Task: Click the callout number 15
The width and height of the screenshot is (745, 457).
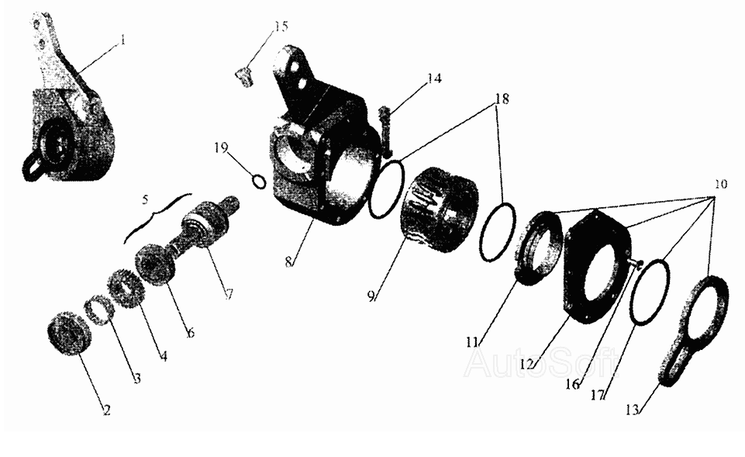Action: pyautogui.click(x=281, y=26)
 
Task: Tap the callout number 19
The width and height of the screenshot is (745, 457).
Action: pyautogui.click(x=221, y=148)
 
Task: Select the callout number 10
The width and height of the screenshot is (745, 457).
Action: pyautogui.click(x=720, y=184)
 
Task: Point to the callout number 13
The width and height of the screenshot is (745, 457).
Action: pyautogui.click(x=632, y=410)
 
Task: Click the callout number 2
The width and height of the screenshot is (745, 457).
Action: pyautogui.click(x=106, y=410)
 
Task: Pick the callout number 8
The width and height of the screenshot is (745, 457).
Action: pyautogui.click(x=288, y=262)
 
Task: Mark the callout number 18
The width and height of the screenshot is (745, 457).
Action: pyautogui.click(x=502, y=99)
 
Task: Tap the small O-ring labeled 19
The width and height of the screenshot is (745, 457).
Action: pyautogui.click(x=258, y=182)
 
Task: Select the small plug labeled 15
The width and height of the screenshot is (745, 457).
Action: pyautogui.click(x=243, y=77)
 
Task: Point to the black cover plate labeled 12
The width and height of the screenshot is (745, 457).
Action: pyautogui.click(x=597, y=266)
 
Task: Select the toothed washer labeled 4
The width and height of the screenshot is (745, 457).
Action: pyautogui.click(x=126, y=287)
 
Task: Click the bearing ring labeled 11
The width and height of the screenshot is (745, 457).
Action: pyautogui.click(x=538, y=248)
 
